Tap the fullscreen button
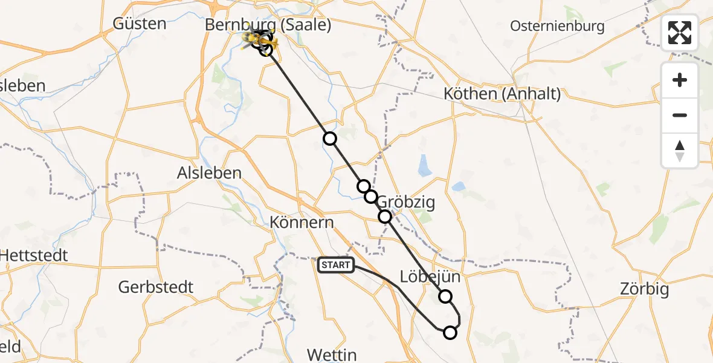pyautogui.click(x=680, y=33)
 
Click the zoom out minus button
pyautogui.click(x=680, y=115)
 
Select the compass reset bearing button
pyautogui.click(x=680, y=151)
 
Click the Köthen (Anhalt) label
pyautogui.click(x=502, y=94)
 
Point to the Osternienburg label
pyautogui.click(x=557, y=26)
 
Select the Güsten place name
pyautogui.click(x=140, y=24)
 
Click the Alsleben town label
pyautogui.click(x=209, y=172)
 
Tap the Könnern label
pyautogui.click(x=302, y=222)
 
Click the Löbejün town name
pyautogui.click(x=430, y=277)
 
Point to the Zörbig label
pyautogui.click(x=645, y=289)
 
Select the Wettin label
pyautogui.click(x=332, y=354)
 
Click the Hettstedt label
pyautogui.click(x=33, y=255)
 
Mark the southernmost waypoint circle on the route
pyautogui.click(x=450, y=332)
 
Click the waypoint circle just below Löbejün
pyautogui.click(x=445, y=296)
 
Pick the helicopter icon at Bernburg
pyautogui.click(x=260, y=39)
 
